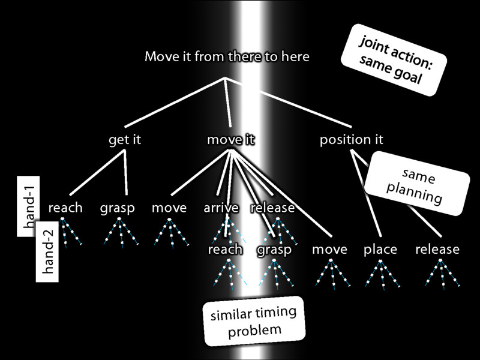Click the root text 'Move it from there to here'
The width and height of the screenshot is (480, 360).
[227, 58]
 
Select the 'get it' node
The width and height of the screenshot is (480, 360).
[124, 140]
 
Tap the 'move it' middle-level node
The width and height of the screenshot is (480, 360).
[231, 140]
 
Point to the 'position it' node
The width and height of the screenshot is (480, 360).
[351, 140]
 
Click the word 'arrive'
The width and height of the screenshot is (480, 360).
[221, 208]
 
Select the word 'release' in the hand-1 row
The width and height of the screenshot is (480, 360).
[272, 208]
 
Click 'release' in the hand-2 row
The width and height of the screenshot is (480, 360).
[437, 249]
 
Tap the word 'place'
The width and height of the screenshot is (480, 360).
[380, 250]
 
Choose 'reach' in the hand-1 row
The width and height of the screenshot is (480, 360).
[65, 208]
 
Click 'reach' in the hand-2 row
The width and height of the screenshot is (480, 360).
[225, 249]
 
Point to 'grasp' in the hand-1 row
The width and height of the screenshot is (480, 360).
[117, 209]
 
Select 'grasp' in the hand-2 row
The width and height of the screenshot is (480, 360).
[274, 250]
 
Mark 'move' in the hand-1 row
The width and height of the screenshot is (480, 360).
[169, 208]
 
